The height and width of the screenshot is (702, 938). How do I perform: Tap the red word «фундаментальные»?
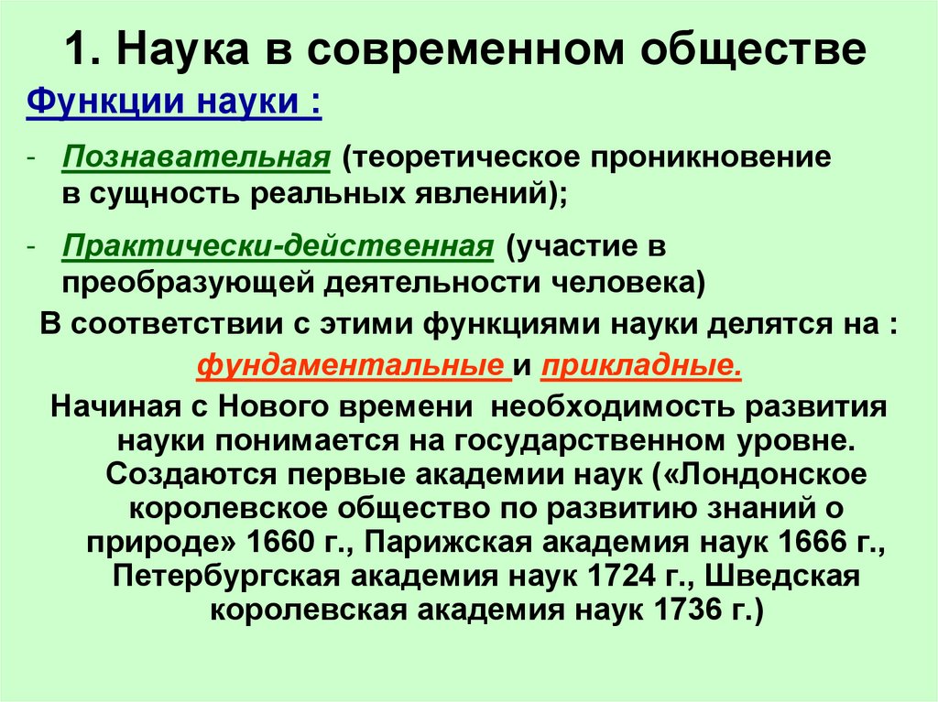(353, 365)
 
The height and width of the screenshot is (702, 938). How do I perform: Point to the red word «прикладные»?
(640, 365)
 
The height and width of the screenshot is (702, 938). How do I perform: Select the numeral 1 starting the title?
(76, 51)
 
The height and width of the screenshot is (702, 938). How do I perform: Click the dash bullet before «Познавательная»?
(31, 157)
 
